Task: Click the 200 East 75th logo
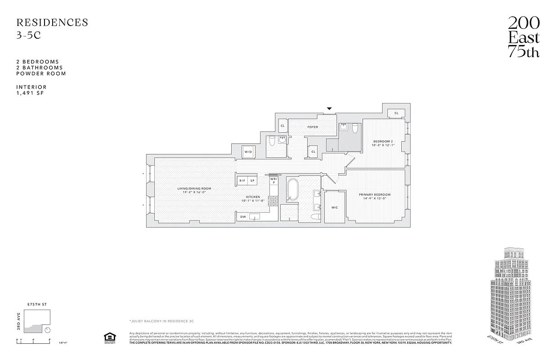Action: click(x=524, y=37)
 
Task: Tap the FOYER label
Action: click(x=313, y=127)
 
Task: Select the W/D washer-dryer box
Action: click(x=248, y=152)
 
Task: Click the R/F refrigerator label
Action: click(x=242, y=180)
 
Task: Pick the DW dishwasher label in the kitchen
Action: click(x=242, y=217)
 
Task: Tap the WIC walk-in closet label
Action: click(x=334, y=207)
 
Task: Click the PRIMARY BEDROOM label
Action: click(x=375, y=195)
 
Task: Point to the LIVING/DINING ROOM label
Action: click(x=193, y=189)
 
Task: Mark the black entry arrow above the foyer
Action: click(x=329, y=108)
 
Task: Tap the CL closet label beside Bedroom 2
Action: click(x=396, y=113)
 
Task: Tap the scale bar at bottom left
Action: click(x=34, y=341)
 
